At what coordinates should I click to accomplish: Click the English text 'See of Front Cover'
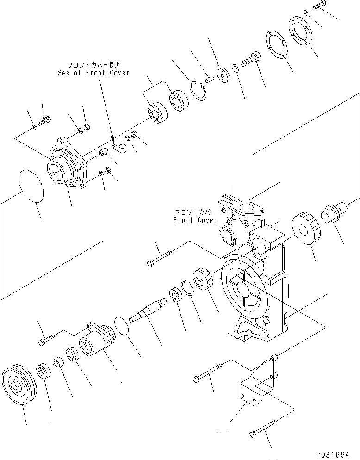coord(93,73)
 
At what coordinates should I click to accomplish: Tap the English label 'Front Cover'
coord(194,220)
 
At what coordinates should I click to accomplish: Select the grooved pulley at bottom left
coord(17,386)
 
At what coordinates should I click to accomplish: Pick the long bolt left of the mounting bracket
coord(208,373)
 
